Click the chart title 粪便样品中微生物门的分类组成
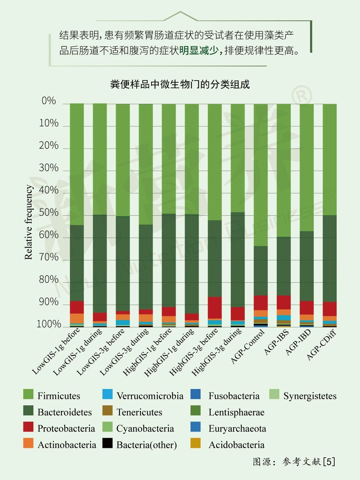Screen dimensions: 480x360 180,84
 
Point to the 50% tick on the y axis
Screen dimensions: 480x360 49,213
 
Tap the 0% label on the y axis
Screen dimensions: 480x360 49,101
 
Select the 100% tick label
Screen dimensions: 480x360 49,324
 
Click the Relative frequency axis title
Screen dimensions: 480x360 29,222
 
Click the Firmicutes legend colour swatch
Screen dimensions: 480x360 28,394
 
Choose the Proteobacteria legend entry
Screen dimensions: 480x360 66,428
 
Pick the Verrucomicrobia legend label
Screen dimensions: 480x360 150,396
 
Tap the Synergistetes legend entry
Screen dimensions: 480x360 310,396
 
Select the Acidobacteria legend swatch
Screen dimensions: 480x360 196,443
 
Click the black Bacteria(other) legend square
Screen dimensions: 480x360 107,443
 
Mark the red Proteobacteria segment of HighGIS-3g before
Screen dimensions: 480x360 215,308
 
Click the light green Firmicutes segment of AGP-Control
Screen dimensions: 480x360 261,175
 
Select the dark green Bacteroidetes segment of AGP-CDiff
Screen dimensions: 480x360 330,258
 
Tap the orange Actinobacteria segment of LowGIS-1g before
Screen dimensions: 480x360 77,318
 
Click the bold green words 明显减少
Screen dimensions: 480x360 199,50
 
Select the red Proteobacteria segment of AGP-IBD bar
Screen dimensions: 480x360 307,308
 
